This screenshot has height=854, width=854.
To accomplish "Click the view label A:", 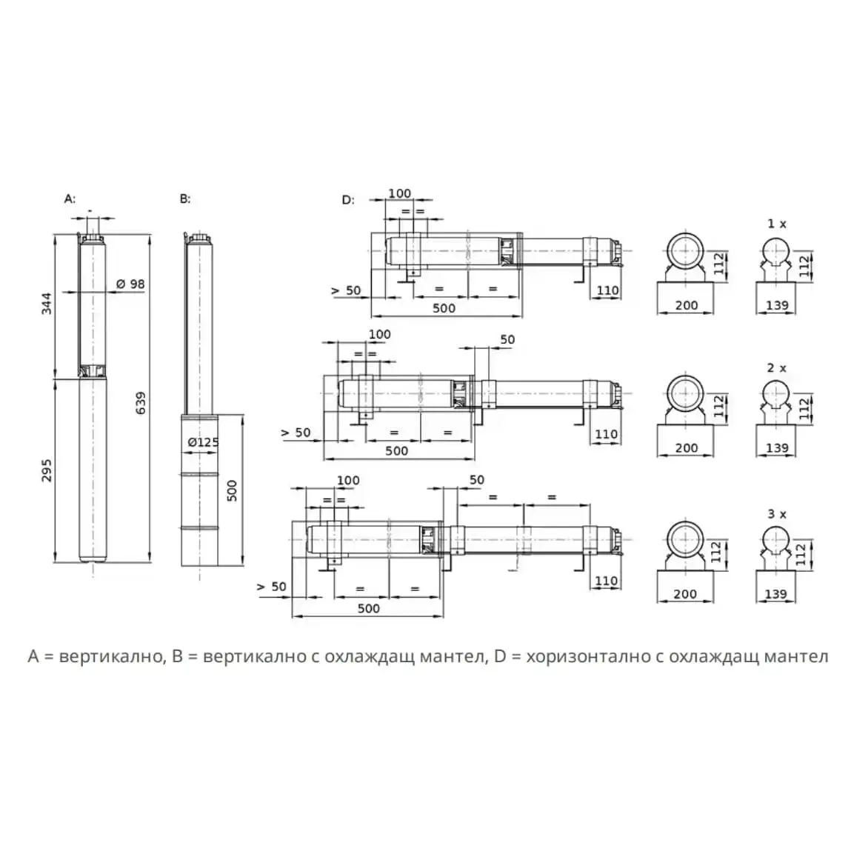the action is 70,199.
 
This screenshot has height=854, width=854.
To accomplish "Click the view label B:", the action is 185,199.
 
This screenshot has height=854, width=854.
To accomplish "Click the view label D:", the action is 348,200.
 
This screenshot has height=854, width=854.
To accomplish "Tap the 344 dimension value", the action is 47,304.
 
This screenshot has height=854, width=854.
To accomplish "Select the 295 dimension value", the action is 47,470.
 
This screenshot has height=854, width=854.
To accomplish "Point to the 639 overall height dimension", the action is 141,403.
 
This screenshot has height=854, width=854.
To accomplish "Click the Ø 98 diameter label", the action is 130,284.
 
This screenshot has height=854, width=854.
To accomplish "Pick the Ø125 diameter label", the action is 203,442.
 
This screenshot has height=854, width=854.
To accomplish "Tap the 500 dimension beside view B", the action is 232,491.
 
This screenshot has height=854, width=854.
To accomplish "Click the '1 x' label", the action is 777,224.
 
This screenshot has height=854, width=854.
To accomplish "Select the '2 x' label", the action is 777,368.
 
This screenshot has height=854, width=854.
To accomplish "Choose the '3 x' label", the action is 777,514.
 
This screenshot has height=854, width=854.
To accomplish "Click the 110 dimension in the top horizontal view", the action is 607,290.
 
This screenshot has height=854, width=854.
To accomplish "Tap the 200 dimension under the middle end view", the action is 687,447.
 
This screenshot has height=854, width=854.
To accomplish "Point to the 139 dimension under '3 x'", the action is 776,594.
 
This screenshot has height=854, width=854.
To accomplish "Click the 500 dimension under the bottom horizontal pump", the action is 369,608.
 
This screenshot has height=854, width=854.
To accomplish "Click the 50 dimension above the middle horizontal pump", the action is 507,339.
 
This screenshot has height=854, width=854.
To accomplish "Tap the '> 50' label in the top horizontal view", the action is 346,290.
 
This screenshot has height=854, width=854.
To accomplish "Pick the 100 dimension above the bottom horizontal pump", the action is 348,481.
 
